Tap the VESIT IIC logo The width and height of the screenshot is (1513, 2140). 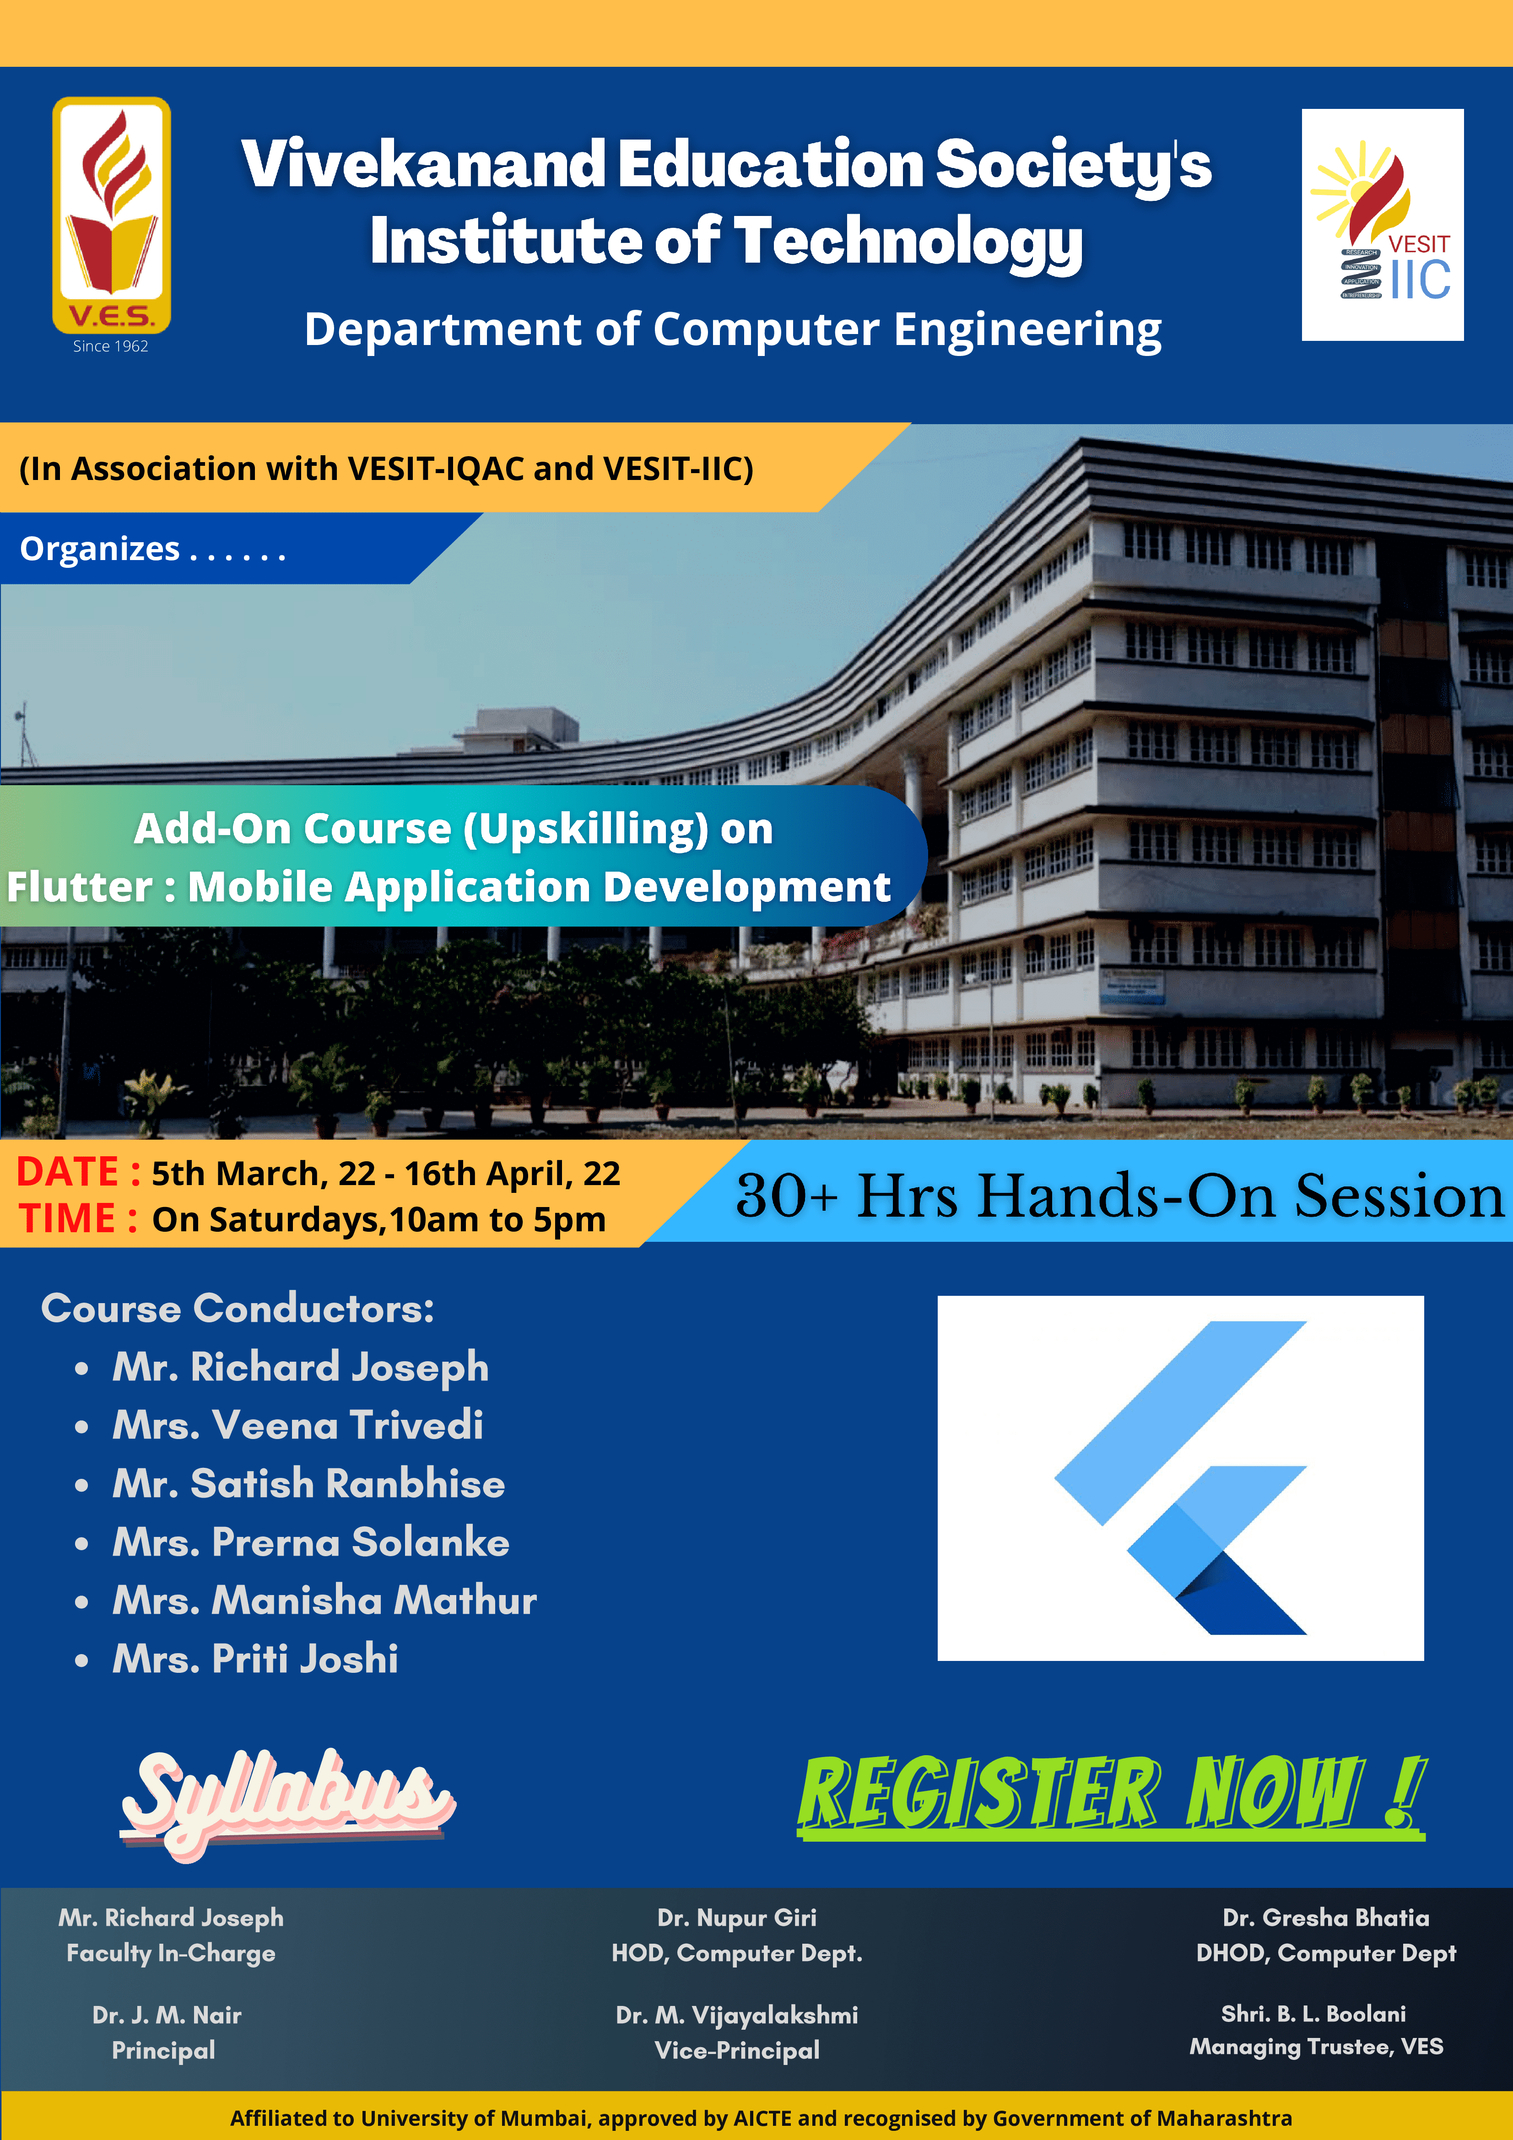[1383, 225]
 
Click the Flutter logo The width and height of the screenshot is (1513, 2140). [1180, 1478]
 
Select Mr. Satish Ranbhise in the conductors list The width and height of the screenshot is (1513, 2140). [308, 1484]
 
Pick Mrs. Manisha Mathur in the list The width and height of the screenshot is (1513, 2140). [324, 1601]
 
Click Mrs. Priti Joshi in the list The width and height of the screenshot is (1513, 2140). [255, 1659]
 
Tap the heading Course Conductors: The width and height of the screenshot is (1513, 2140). [238, 1309]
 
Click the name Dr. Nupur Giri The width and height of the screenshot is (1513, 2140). [736, 1917]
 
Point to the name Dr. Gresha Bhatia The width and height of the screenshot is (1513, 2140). [1326, 1917]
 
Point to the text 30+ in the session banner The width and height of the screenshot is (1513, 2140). [787, 1196]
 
